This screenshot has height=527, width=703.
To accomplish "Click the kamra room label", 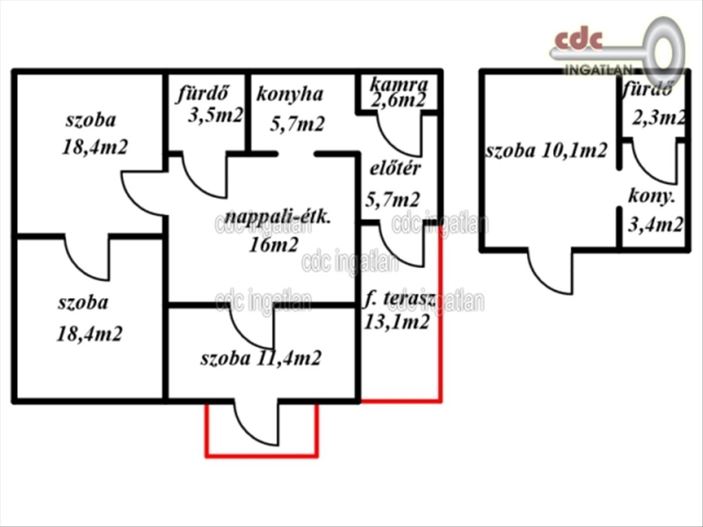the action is pos(399,85).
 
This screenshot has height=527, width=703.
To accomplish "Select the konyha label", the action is pos(289,94).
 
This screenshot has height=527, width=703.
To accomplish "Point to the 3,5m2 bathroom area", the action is pos(216,115).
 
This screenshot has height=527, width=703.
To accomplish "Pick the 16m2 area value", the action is pos(274,245).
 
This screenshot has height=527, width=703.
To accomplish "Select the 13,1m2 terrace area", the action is pos(397,321).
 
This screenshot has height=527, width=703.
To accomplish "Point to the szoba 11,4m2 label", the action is pos(261,358).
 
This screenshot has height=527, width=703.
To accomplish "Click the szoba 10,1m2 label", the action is pos(547,150).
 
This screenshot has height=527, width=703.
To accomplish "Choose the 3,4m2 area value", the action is pos(656,224).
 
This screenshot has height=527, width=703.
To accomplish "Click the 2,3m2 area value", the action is pos(659,118).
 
